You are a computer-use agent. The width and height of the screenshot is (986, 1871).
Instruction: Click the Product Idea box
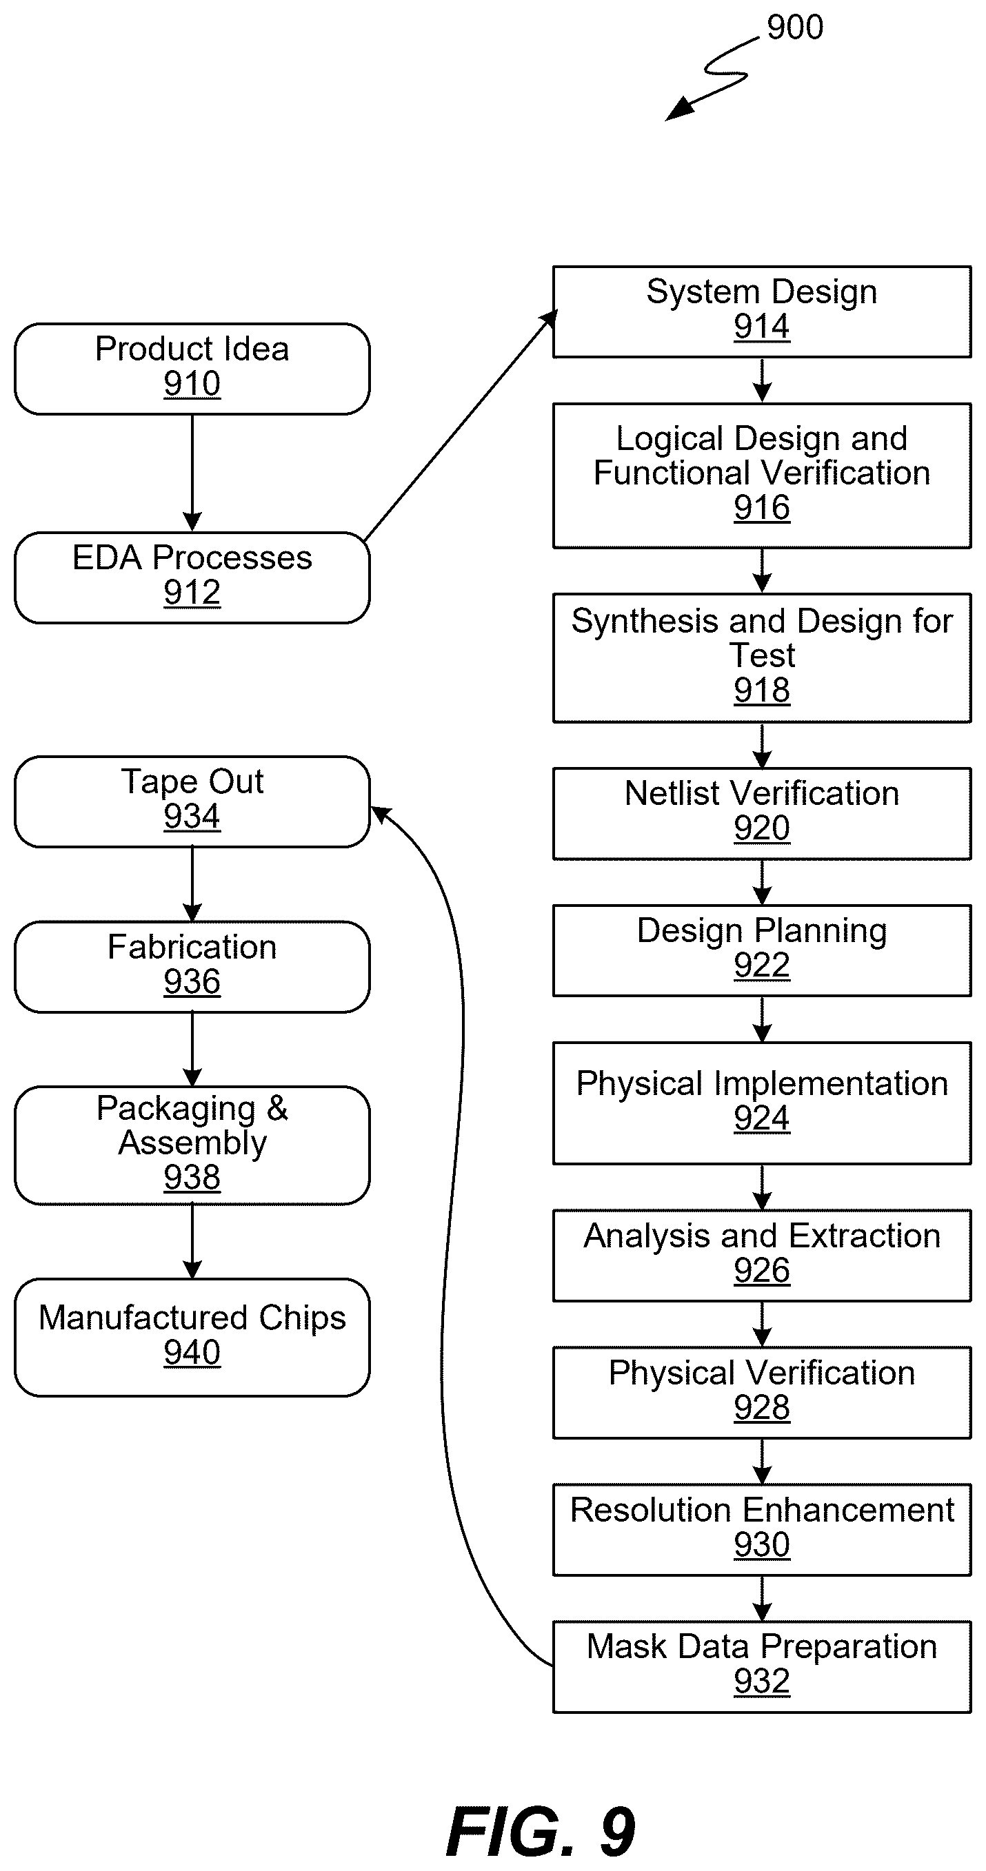[x=192, y=369]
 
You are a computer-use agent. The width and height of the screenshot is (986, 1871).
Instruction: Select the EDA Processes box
[x=192, y=577]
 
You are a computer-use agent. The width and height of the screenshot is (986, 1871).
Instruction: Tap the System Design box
[x=761, y=311]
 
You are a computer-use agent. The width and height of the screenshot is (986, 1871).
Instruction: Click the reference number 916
[x=761, y=507]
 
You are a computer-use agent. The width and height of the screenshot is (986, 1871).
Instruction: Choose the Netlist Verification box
[x=761, y=813]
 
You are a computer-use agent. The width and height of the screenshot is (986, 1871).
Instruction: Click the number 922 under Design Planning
[x=761, y=965]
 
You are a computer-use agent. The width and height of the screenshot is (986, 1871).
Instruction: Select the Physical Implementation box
[x=761, y=1103]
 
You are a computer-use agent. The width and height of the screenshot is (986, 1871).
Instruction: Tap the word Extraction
[x=865, y=1236]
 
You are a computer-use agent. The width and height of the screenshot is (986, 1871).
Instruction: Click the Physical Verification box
[x=761, y=1392]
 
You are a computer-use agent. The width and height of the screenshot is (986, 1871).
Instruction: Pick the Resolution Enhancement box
[x=761, y=1530]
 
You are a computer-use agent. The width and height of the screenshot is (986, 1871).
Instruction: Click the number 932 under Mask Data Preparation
[x=761, y=1681]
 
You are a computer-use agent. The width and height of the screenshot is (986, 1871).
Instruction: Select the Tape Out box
[x=192, y=801]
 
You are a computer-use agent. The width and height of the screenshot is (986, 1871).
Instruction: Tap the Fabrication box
[x=192, y=967]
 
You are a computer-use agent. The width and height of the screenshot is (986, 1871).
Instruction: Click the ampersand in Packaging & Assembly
[x=276, y=1108]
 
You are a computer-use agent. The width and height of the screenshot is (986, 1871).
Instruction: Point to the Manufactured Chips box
[x=192, y=1337]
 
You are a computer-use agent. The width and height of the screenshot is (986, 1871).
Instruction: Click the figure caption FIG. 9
[x=541, y=1831]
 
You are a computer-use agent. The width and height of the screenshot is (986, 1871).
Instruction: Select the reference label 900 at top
[x=795, y=28]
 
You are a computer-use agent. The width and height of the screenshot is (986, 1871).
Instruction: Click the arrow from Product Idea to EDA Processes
[x=192, y=473]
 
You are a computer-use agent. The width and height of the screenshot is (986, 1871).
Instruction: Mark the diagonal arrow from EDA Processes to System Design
[x=460, y=426]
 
